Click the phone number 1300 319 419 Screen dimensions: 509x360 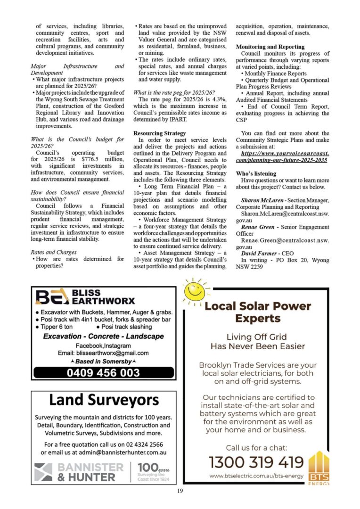[x=256, y=461]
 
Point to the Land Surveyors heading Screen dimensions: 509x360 [x=104, y=400]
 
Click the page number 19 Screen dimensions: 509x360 [x=180, y=491]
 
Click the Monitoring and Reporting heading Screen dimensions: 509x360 [x=270, y=47]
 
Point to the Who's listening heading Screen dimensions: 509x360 [x=256, y=173]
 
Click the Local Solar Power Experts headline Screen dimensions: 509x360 [x=258, y=312]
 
